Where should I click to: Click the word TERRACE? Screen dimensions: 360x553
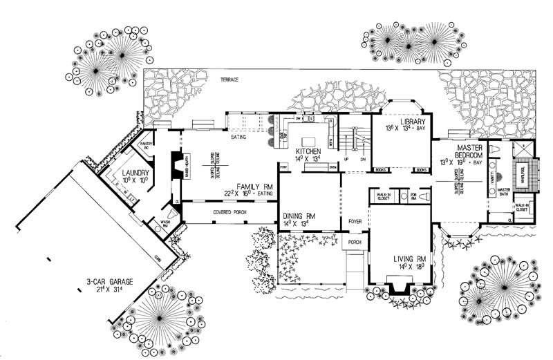point(229,80)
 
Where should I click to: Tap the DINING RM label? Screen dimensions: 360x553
point(298,216)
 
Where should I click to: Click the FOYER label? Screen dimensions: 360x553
point(355,221)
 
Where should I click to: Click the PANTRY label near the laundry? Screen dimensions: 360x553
point(146,146)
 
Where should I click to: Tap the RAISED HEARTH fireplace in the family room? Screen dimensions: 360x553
point(175,167)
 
